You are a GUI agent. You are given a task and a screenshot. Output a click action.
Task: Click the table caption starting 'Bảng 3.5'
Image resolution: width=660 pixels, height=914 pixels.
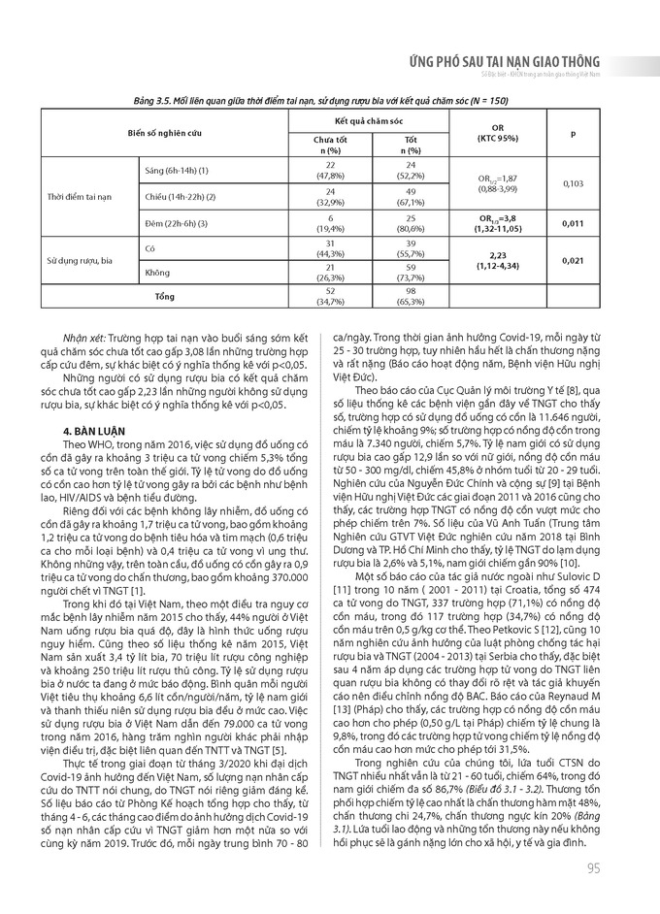tap(330, 100)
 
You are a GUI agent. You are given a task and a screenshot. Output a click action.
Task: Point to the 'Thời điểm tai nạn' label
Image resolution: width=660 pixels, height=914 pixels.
tap(80, 198)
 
